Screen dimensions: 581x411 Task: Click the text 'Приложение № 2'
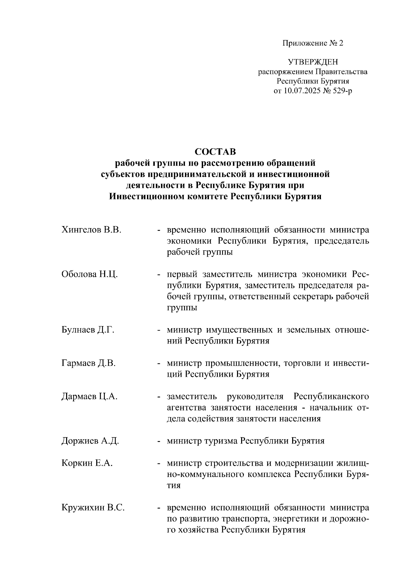[x=312, y=43]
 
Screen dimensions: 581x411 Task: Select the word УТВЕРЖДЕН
[x=313, y=62]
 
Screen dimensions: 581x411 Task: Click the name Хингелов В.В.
[x=91, y=230]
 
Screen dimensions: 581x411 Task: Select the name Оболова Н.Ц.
[x=90, y=274]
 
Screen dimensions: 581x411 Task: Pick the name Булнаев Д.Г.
[x=88, y=330]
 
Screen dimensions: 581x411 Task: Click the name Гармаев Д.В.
[x=88, y=363]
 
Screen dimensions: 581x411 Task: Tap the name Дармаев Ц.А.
[x=89, y=397]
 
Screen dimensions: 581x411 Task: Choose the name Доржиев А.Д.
[x=90, y=441]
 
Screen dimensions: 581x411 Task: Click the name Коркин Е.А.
[x=87, y=463]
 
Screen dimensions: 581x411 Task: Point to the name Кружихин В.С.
[x=93, y=508]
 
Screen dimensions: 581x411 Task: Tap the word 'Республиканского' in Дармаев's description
[x=331, y=397]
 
